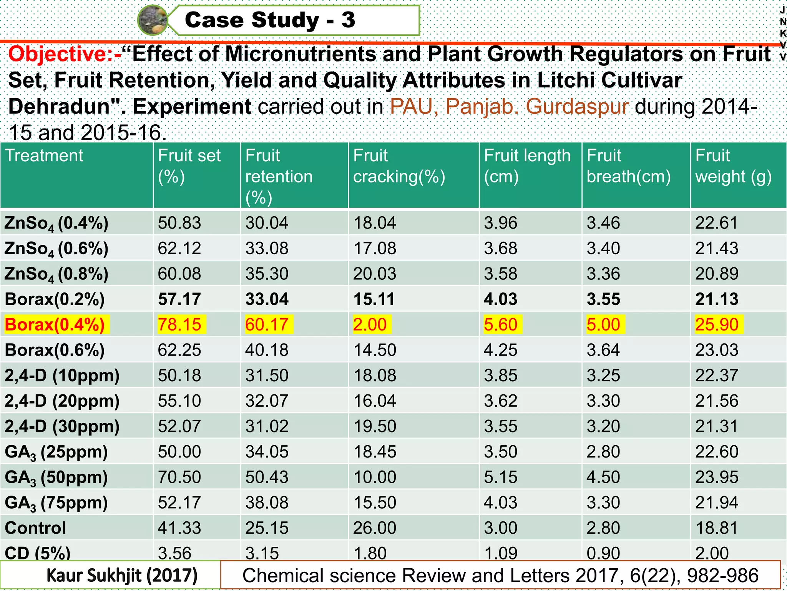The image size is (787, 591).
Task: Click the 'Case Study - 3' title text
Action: (x=270, y=20)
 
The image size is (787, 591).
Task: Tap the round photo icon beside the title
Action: (x=153, y=20)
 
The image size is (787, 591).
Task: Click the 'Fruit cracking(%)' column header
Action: (x=399, y=166)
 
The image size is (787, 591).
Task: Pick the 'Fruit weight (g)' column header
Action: (x=733, y=166)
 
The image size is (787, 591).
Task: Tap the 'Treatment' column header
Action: (x=44, y=155)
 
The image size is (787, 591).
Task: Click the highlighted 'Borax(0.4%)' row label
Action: (x=55, y=324)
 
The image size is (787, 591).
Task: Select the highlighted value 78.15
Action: (x=179, y=324)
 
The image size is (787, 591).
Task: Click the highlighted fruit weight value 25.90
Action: (x=717, y=324)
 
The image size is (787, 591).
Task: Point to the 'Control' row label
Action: (x=35, y=528)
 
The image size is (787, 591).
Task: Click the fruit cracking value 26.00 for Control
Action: (x=375, y=528)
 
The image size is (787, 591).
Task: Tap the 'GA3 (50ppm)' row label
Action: (x=56, y=477)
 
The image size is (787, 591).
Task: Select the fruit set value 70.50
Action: (x=179, y=477)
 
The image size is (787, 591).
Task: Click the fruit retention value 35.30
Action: (x=267, y=274)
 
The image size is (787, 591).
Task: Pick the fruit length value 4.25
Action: (x=500, y=350)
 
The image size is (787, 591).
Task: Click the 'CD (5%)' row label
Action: (x=38, y=553)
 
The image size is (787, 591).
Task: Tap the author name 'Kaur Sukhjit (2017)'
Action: (x=122, y=576)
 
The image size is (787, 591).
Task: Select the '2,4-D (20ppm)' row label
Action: (x=62, y=401)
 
